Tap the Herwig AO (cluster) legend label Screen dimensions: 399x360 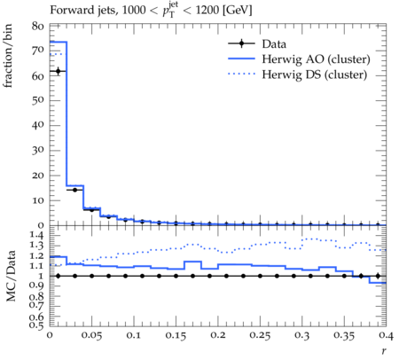[x=316, y=59]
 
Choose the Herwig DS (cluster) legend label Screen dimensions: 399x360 [x=315, y=74]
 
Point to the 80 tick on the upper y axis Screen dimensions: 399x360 [x=38, y=27]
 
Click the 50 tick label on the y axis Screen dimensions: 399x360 [x=38, y=100]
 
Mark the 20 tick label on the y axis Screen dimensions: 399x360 [x=38, y=176]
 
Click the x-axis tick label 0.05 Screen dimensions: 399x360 [x=92, y=335]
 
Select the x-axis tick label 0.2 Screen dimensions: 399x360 [x=218, y=335]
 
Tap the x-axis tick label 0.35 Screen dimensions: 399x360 [x=344, y=335]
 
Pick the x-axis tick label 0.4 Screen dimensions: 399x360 [x=387, y=335]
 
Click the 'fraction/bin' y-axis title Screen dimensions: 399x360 [x=8, y=56]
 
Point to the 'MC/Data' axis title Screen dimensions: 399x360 [x=11, y=276]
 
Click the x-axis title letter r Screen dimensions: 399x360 [x=384, y=351]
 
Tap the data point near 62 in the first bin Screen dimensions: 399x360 [x=58, y=71]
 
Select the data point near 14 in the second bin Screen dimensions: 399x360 [x=74, y=190]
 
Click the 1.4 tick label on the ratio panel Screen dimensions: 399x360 [x=37, y=236]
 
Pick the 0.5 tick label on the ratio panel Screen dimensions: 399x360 [x=37, y=325]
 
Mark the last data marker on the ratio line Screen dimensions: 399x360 [x=378, y=276]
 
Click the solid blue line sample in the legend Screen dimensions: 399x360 [x=241, y=59]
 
